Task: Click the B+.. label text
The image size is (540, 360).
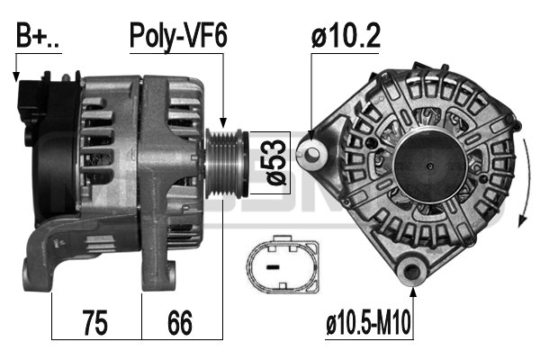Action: pos(37,35)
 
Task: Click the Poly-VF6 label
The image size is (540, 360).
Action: pos(178,37)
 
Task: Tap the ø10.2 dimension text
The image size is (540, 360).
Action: pos(346,35)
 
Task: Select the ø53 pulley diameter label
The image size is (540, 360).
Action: pos(277,162)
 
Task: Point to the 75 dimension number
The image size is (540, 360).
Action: pos(95,322)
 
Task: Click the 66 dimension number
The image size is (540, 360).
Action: pos(180,322)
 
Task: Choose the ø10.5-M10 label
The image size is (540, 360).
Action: pos(368,322)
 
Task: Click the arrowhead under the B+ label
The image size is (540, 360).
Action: pos(16,76)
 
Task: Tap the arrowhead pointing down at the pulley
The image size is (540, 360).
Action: pos(223,122)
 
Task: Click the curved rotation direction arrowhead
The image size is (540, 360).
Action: pos(522,220)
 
